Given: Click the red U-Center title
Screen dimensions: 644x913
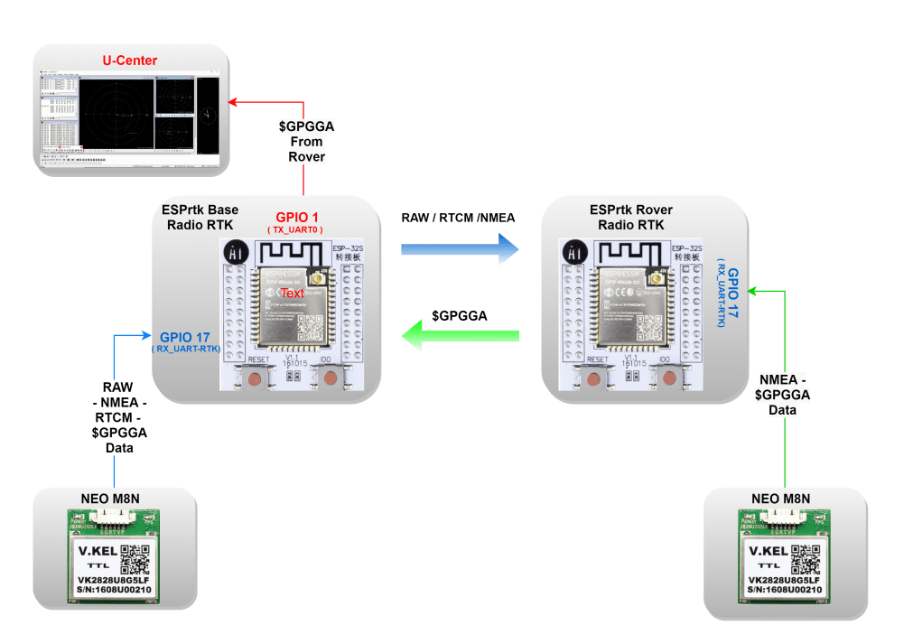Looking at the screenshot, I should pyautogui.click(x=130, y=61).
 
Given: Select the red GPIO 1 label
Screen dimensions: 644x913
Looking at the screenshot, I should pyautogui.click(x=294, y=218).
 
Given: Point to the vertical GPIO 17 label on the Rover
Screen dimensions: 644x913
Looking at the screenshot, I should pyautogui.click(x=732, y=294).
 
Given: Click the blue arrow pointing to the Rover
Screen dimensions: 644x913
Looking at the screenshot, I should pyautogui.click(x=461, y=246).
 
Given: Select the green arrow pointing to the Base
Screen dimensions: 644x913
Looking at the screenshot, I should pyautogui.click(x=461, y=337).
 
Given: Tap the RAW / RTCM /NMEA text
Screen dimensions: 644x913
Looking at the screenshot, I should pyautogui.click(x=458, y=217).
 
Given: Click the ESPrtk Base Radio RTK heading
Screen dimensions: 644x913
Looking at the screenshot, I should pyautogui.click(x=200, y=217).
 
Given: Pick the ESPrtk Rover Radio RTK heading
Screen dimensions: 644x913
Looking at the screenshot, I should pyautogui.click(x=631, y=217).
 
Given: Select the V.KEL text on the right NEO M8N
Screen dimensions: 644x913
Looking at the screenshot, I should pyautogui.click(x=764, y=552).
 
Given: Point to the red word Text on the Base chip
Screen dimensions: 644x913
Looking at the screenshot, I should pyautogui.click(x=293, y=294).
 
